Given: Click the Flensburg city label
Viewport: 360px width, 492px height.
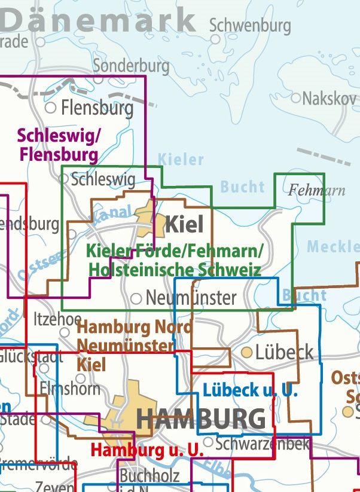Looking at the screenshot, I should tap(97, 108).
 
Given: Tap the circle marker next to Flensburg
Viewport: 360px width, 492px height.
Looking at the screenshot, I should tap(51, 108).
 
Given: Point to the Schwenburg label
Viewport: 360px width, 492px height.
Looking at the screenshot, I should tap(250, 26).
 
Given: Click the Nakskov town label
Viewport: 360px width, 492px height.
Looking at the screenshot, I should tap(328, 98).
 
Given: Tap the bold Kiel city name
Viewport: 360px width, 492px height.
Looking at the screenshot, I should tap(184, 225).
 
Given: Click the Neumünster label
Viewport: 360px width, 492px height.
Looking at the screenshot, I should tap(191, 298).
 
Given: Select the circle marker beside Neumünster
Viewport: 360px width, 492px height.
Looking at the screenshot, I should tap(136, 298).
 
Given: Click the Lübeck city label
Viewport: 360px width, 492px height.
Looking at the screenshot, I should tap(284, 352).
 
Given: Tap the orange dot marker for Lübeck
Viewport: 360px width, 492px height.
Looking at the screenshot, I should tap(246, 353).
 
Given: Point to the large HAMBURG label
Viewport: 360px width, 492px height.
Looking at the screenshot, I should tap(201, 418).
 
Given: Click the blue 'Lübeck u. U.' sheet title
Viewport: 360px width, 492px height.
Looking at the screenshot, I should tap(250, 391).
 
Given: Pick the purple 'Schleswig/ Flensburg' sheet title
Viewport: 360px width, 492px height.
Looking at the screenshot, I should tap(58, 145).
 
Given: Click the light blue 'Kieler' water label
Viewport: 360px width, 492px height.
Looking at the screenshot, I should tap(181, 160).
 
